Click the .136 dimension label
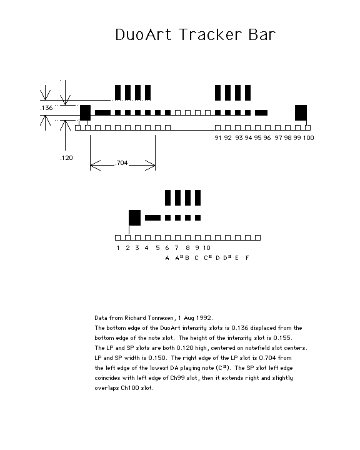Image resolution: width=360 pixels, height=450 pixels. coord(46,108)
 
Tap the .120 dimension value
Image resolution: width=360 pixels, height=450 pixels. coord(66,158)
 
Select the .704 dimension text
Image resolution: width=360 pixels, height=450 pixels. coord(121,163)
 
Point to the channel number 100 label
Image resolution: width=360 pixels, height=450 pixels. coord(309,138)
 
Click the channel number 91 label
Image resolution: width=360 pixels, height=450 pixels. coord(218,138)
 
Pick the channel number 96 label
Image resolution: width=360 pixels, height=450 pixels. coord(267,138)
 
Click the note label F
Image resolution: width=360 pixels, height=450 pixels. coord(247,258)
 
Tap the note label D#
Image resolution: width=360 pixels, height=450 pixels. coord(227,257)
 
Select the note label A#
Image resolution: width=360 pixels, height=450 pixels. coord(179,257)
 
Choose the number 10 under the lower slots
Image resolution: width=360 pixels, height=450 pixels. coord(207,248)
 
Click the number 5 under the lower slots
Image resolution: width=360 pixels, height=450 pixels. coord(157,248)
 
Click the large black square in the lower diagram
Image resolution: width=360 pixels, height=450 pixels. coord(134,218)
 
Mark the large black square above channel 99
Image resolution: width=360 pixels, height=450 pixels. coord(301,112)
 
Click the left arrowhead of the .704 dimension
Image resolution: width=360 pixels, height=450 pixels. coord(95,165)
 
